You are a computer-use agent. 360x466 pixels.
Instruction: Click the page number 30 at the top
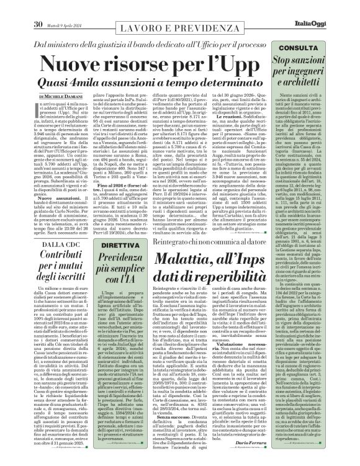[38, 7]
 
